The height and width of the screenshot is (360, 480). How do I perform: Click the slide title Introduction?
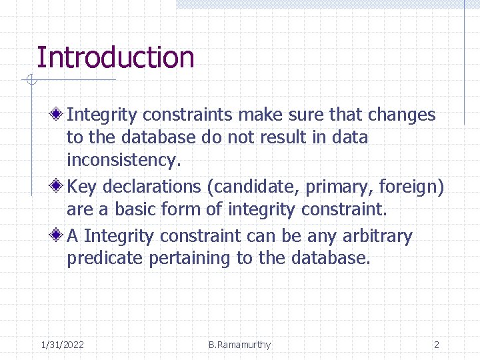pos(115,57)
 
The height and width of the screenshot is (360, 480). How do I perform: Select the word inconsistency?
pos(123,160)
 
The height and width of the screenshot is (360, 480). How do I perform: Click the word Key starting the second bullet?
pos(81,187)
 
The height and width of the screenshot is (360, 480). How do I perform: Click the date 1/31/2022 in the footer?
pos(62,345)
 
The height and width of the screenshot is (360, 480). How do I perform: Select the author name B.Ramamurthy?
pos(239,345)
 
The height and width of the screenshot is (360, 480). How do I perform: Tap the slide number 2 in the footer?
pos(437,345)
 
